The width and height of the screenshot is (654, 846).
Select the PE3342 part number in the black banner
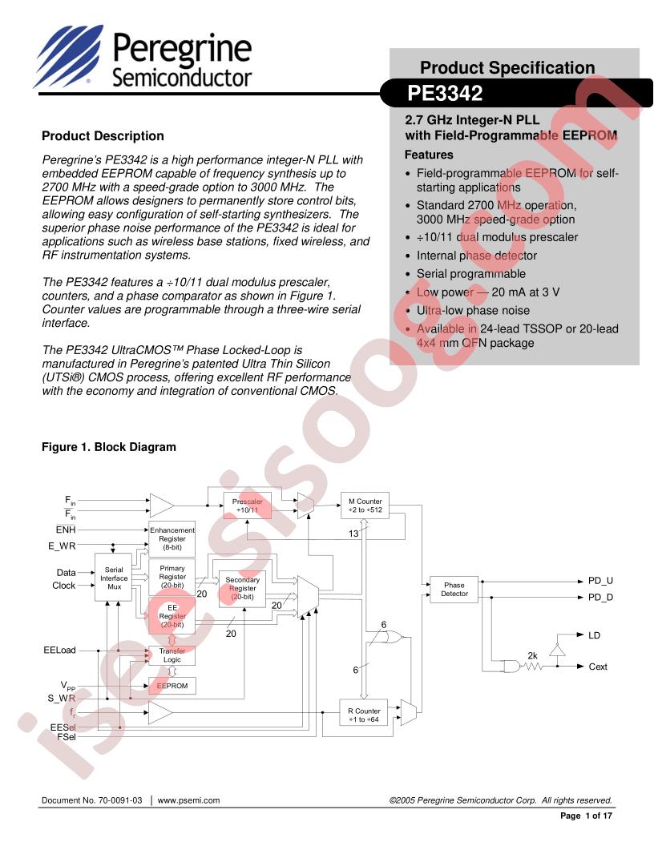click(x=445, y=95)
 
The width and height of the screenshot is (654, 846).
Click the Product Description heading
click(x=103, y=136)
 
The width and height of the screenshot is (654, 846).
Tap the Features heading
click(x=429, y=155)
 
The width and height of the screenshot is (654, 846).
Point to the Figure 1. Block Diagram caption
click(x=108, y=447)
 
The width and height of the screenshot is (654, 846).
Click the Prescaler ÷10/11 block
click(x=248, y=506)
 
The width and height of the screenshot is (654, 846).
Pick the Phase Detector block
click(x=454, y=590)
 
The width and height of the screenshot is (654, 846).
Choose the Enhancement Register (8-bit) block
click(x=172, y=538)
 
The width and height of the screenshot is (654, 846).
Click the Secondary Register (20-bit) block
click(x=242, y=589)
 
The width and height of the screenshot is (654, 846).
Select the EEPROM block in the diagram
click(x=172, y=687)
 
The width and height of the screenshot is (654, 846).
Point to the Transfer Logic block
click(x=172, y=655)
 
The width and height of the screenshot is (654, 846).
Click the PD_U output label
click(x=600, y=580)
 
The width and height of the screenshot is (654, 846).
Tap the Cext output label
click(x=598, y=667)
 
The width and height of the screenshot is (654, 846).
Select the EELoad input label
click(x=60, y=650)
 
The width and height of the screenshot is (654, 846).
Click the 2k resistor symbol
click(x=534, y=666)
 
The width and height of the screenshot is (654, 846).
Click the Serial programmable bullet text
click(x=471, y=274)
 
